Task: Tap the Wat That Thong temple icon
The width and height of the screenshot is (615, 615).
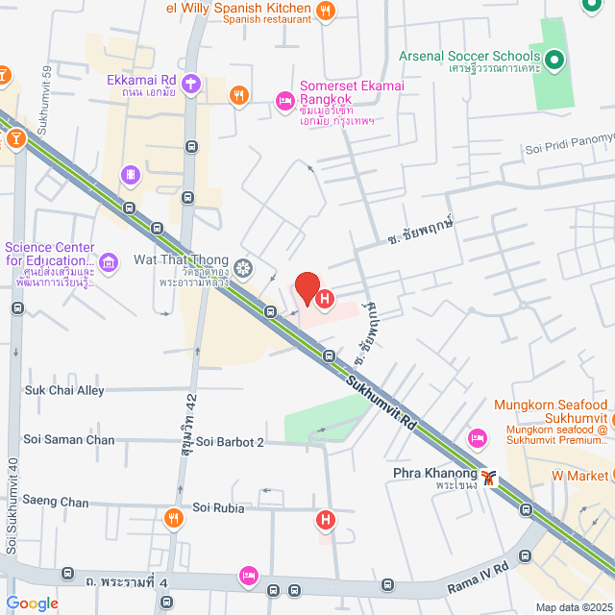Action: coord(244,266)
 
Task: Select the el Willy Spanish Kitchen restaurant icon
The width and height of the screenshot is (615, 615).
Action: coord(327,12)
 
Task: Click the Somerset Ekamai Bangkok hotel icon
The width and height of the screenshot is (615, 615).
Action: coord(283,99)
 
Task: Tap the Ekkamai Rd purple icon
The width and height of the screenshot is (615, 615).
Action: coord(190,84)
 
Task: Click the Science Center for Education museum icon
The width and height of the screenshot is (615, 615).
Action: coord(109,261)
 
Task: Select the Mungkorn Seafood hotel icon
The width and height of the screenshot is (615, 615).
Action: coord(477,439)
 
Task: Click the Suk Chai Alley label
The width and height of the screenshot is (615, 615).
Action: coord(64,390)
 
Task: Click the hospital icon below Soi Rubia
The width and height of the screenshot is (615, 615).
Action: coord(326,521)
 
